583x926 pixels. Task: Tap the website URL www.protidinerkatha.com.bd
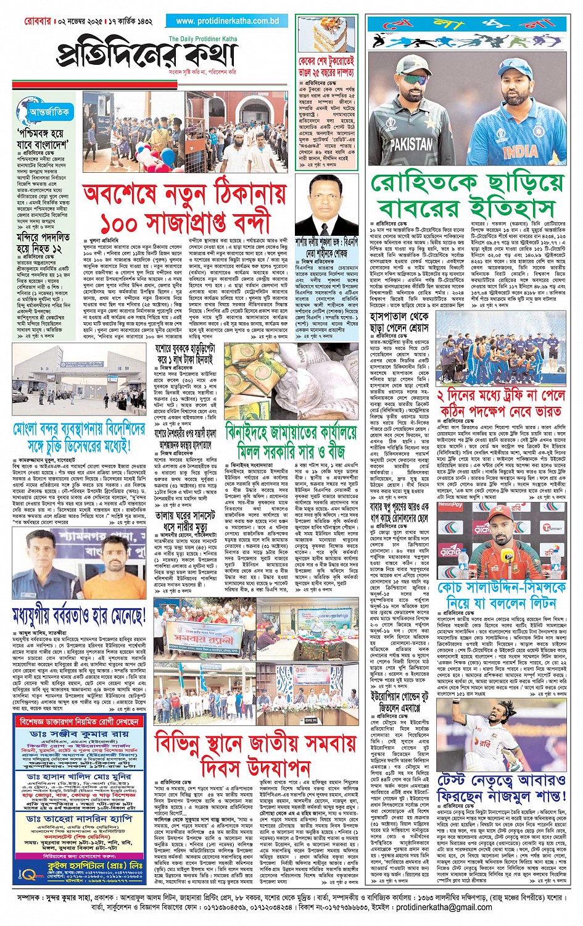227,21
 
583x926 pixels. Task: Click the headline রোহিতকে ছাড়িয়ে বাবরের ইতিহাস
467,195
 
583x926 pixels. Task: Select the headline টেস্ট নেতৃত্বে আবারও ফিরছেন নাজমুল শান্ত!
501,788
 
